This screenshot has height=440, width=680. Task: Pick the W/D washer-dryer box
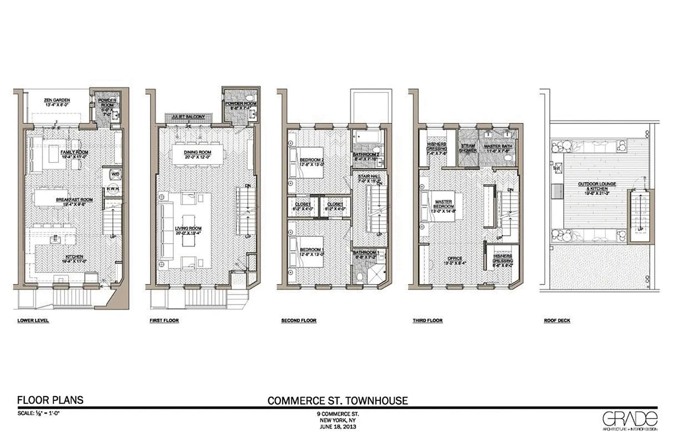pyautogui.click(x=115, y=174)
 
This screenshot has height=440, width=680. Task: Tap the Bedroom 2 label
pyautogui.click(x=309, y=161)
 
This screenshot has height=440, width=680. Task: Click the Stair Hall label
pyautogui.click(x=366, y=177)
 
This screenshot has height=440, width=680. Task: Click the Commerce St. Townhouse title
pyautogui.click(x=338, y=400)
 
